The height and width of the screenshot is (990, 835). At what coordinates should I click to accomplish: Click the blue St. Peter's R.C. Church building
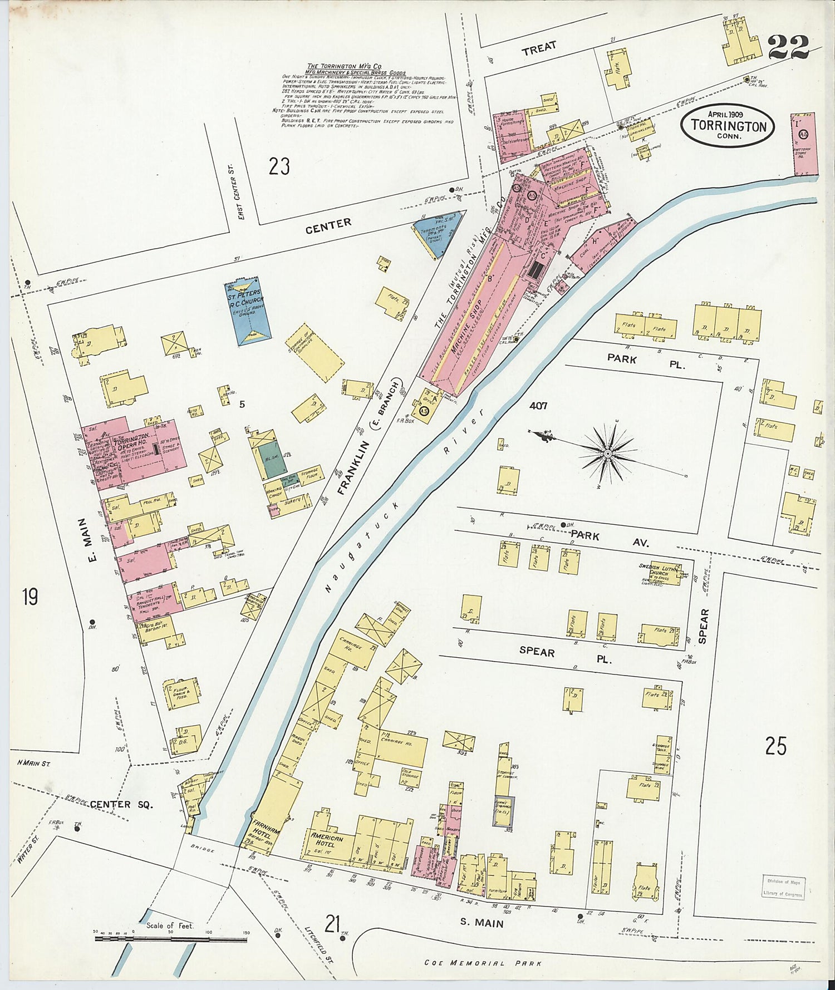coord(248,311)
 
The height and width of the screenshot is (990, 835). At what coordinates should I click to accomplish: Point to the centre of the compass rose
coord(608,454)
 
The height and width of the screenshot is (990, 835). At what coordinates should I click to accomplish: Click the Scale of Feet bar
coord(171,939)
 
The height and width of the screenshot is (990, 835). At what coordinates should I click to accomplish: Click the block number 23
coord(279,166)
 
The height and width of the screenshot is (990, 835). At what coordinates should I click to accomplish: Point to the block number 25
coord(775,746)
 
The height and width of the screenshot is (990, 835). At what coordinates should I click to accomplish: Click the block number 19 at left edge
coord(30,597)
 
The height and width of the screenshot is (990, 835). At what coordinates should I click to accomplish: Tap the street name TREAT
coord(538,48)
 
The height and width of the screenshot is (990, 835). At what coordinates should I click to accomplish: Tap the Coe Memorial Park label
coord(482,963)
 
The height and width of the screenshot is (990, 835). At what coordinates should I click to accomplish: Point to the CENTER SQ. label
coord(118,804)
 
